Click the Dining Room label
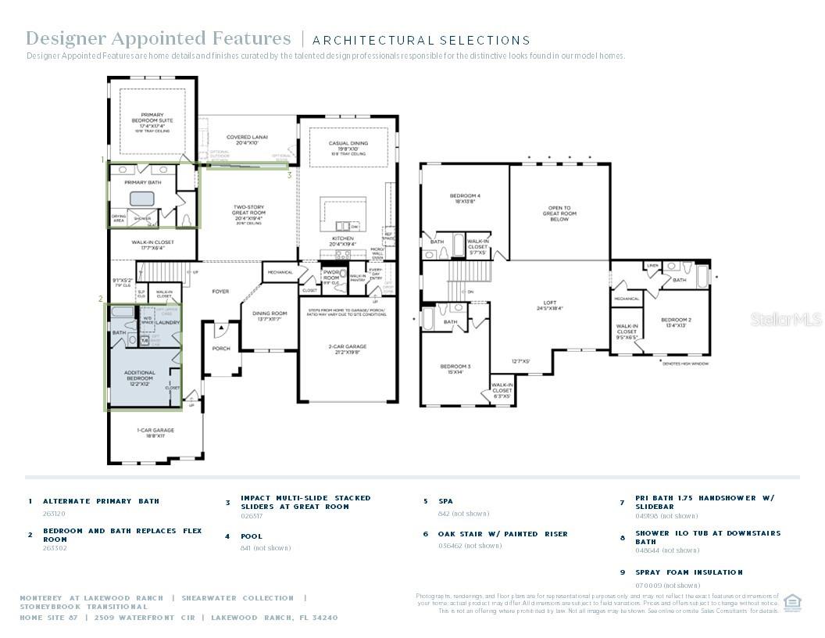click(x=269, y=316)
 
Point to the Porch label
click(x=221, y=348)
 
